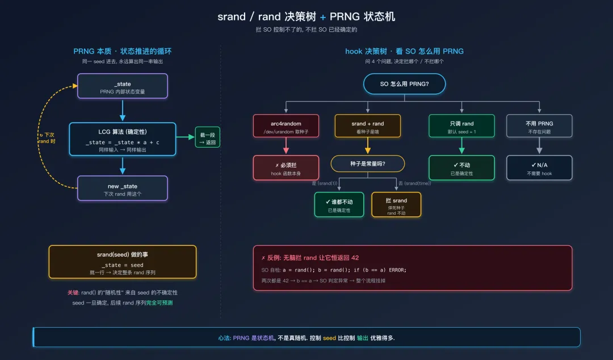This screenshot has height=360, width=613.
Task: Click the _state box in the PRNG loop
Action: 123,86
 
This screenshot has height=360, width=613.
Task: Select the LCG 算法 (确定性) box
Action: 123,139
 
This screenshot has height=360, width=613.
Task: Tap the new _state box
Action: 123,189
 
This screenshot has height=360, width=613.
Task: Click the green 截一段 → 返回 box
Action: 207,137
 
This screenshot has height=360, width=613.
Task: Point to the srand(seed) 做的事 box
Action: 123,261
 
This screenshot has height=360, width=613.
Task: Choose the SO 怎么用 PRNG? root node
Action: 404,84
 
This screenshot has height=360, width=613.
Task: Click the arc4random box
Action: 286,126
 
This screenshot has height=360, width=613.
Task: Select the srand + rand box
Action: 367,126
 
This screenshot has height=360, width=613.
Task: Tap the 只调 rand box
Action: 461,126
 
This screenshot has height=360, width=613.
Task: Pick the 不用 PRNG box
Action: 539,126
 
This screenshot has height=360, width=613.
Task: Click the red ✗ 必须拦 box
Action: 286,168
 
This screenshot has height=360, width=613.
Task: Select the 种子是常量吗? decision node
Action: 367,164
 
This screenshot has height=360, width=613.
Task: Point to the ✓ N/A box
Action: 539,168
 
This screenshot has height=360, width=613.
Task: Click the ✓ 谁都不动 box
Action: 339,204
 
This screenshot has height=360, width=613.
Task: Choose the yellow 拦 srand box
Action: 396,204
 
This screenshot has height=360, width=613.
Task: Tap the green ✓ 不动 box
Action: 461,168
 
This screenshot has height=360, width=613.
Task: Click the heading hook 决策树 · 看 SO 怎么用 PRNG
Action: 404,51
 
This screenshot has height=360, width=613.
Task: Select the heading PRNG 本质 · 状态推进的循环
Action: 123,51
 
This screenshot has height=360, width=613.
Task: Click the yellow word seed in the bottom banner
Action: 330,338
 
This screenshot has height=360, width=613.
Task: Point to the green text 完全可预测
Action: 159,303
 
